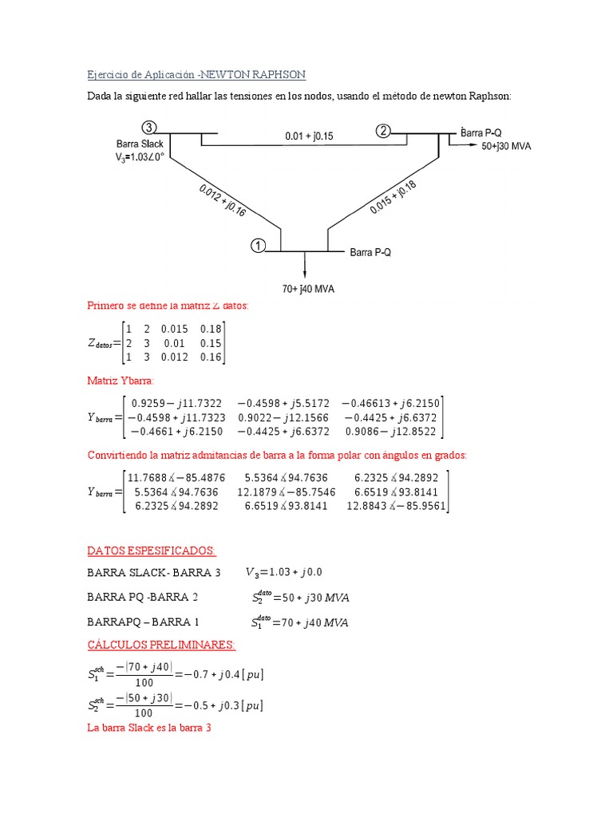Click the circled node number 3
click(149, 128)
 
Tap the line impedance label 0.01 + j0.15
click(309, 136)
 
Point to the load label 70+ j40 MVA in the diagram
click(307, 288)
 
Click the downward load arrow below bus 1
click(305, 264)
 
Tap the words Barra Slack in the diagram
click(140, 144)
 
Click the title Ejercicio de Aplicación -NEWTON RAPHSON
click(196, 74)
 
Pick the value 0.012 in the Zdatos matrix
click(173, 357)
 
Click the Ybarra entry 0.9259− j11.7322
click(177, 404)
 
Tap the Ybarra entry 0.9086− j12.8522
click(392, 432)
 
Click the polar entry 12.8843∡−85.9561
click(397, 506)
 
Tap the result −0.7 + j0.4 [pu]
click(224, 675)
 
